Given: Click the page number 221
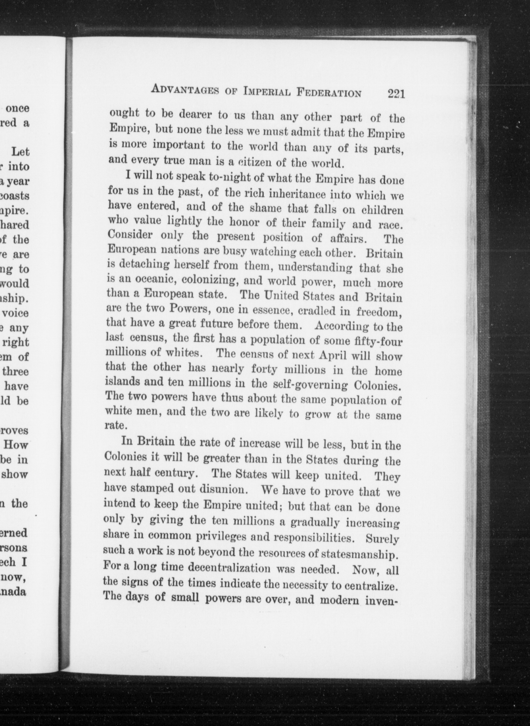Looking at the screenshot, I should click(396, 94).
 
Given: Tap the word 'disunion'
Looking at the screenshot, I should click(224, 490).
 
